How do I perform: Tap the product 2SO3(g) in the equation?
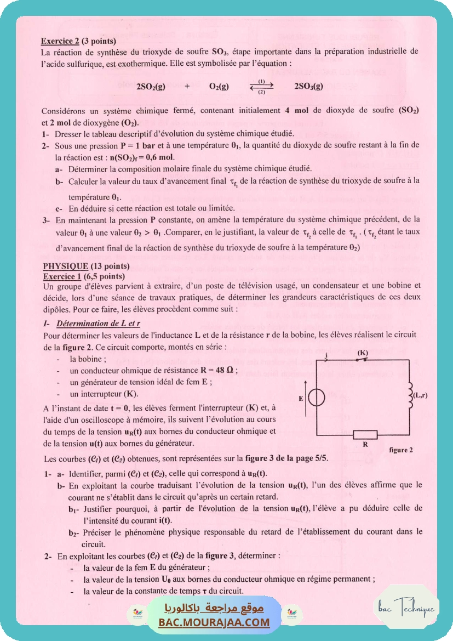[308, 86]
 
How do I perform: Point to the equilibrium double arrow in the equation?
[261, 86]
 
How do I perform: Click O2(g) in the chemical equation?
[219, 86]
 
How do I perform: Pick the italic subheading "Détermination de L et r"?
[99, 323]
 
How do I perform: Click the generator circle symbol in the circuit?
[317, 398]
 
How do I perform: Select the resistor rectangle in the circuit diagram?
[365, 435]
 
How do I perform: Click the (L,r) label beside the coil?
[422, 395]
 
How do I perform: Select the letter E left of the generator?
[301, 399]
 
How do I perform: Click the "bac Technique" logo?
[406, 608]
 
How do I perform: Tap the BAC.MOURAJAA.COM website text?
[214, 622]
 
